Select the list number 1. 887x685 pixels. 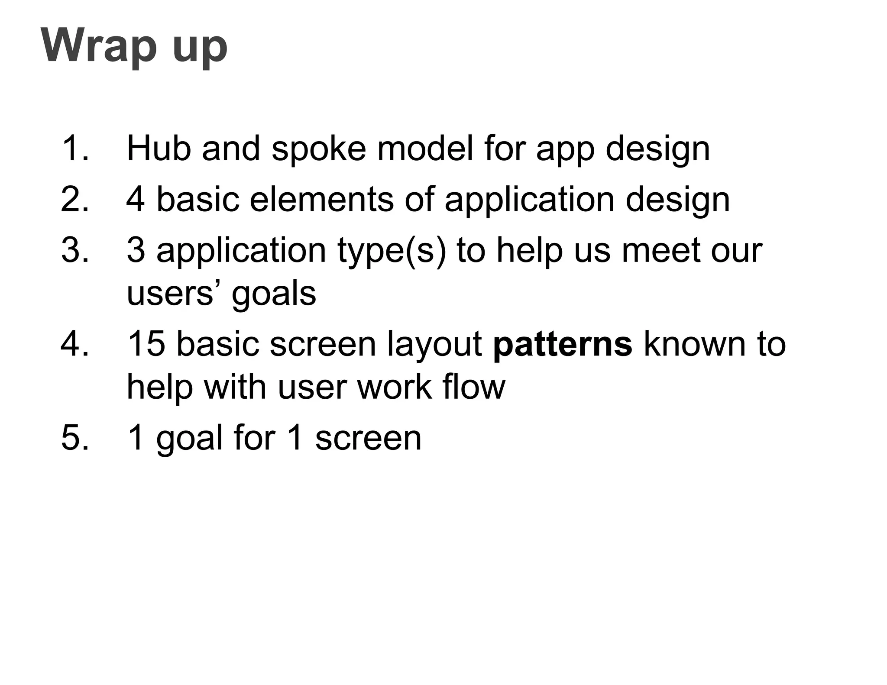75,149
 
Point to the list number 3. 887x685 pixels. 75,250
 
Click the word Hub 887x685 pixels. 159,149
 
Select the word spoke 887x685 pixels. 319,149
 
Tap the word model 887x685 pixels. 425,149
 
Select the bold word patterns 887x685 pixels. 563,345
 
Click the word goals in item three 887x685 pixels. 274,294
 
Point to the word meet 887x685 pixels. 660,250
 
